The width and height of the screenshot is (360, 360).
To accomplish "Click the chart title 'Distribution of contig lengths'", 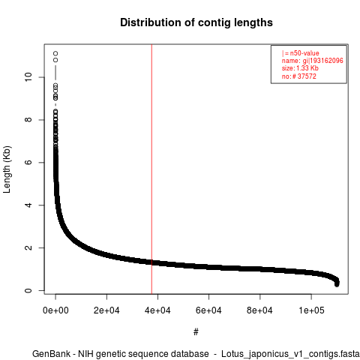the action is pos(196,22).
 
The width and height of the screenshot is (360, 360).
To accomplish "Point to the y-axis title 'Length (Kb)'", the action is pos(7,169).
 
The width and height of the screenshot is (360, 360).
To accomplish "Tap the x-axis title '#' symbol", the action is pos(196,331).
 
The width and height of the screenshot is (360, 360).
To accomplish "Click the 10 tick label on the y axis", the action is pos(28,77).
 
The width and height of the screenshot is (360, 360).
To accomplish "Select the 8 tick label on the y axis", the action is pos(28,120).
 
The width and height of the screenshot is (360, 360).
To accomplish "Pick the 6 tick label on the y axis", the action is pos(28,162).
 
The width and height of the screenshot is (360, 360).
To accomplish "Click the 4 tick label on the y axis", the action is pos(28,205).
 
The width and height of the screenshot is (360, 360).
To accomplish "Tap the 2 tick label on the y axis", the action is pos(28,247).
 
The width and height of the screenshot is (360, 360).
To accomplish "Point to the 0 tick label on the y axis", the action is pos(28,290).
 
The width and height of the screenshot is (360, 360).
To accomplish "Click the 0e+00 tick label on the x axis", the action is pos(55,310).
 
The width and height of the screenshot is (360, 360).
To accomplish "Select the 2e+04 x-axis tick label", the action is pos(106,310).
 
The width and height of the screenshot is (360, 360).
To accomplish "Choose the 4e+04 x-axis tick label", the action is pos(157,310).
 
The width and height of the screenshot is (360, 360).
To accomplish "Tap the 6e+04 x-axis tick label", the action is pos(208,310).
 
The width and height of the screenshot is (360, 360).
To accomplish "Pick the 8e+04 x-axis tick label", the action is pos(260,310).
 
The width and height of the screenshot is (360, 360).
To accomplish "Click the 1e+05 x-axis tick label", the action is pos(311,310).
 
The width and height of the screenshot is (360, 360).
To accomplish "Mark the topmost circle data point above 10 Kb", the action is pos(55,53).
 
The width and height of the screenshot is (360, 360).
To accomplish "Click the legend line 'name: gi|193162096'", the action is pos(313,61).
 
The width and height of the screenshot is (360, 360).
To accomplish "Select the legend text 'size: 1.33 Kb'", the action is pos(300,68).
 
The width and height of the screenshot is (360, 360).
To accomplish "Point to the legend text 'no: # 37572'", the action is pos(299,76).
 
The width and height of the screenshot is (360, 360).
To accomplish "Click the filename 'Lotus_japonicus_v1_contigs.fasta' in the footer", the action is pos(290,354).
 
